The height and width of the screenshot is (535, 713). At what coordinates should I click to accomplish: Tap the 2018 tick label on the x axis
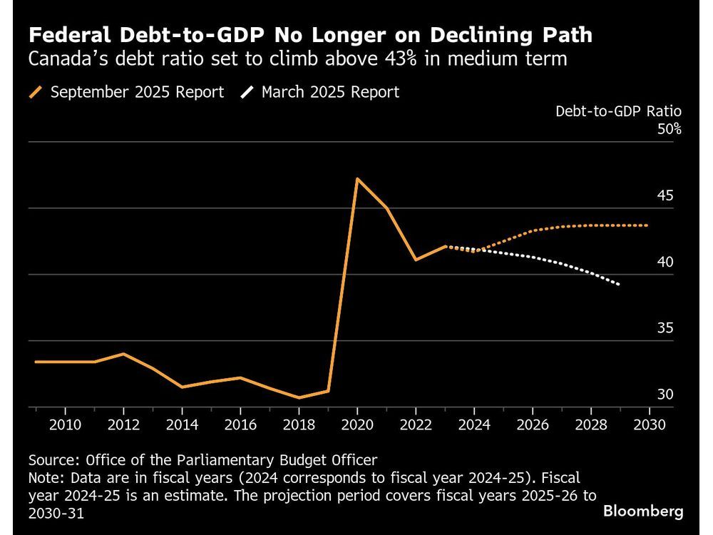tap(299, 424)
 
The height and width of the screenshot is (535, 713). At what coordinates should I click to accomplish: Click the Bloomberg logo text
tap(643, 511)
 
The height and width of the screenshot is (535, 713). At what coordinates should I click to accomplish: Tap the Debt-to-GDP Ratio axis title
tap(618, 111)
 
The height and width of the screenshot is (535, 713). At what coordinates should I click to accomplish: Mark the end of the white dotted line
tap(619, 285)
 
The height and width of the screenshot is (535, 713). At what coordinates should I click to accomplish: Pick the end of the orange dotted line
tap(648, 225)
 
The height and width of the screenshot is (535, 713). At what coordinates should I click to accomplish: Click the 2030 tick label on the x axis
tap(648, 424)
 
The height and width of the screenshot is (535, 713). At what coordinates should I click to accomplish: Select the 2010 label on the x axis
tap(66, 424)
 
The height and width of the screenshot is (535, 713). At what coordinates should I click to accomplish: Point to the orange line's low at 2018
tap(299, 397)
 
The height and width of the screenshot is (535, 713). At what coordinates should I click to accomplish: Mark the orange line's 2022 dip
tap(415, 260)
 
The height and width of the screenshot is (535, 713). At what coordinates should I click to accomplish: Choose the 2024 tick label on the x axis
tap(473, 424)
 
